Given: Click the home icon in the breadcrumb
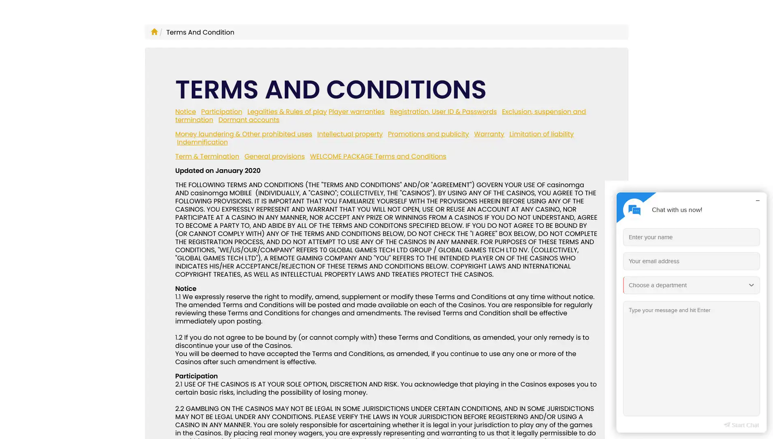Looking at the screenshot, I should click(x=154, y=32).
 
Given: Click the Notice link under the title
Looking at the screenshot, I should click(x=185, y=111).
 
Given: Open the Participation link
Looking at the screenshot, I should click(x=221, y=111).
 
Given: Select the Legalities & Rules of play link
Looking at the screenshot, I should click(x=287, y=111).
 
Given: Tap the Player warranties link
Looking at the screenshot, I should click(x=356, y=111).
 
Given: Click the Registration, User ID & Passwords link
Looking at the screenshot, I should click(x=443, y=111).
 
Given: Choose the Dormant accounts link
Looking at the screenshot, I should click(x=249, y=120).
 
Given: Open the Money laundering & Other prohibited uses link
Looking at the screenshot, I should click(x=243, y=134).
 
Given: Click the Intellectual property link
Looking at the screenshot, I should click(x=350, y=134).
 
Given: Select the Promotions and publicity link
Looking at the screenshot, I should click(x=428, y=134).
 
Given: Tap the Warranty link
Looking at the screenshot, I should click(x=489, y=134).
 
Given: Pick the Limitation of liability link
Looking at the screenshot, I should click(x=541, y=134).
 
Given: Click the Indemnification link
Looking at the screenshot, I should click(x=202, y=142).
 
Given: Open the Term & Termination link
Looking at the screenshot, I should click(x=207, y=156).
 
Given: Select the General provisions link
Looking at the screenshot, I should click(x=274, y=156).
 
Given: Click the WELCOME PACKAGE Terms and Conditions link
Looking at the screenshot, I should click(x=378, y=156).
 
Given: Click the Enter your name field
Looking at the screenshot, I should click(x=691, y=237).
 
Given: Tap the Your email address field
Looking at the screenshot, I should click(x=691, y=261).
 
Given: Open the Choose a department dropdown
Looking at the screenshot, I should click(x=691, y=285).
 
